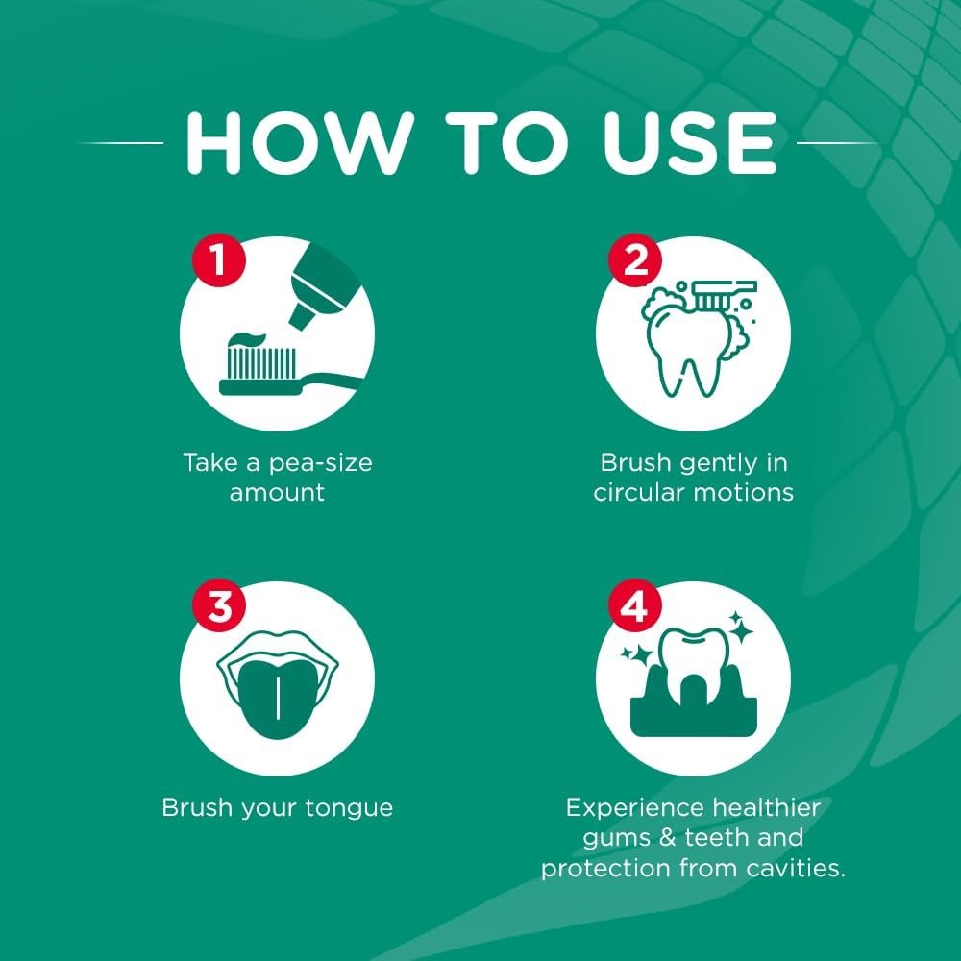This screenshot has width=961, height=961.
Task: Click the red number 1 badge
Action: pos(219,260)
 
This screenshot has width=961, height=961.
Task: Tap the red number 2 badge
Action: pos(635,260)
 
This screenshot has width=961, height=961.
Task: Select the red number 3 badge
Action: pos(219,606)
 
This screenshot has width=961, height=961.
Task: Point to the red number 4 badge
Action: pos(635,606)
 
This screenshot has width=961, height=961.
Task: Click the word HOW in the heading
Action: pos(300,143)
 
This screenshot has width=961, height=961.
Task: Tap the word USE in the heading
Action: pos(690,143)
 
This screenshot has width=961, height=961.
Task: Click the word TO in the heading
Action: pos(506,143)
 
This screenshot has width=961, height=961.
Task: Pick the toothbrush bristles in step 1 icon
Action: pos(261,363)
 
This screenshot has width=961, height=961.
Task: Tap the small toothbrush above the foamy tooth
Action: pos(725,295)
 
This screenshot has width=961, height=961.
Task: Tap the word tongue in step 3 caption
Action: pos(349,809)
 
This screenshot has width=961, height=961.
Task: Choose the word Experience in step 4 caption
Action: pos(634,809)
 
